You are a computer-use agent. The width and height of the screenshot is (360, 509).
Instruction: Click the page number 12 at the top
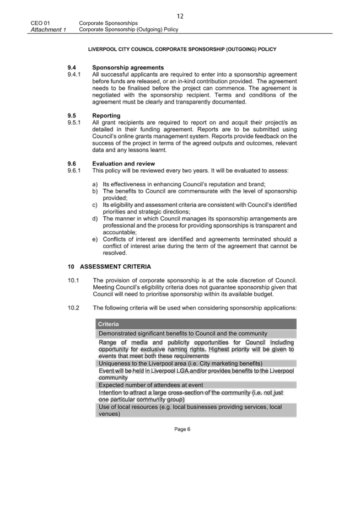180,16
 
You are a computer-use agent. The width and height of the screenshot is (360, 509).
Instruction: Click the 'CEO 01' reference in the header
40,23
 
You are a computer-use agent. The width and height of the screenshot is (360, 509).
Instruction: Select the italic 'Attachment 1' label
48,30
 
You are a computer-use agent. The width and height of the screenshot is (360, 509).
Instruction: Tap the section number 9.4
72,67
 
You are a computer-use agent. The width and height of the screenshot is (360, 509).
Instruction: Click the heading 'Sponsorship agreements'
128,67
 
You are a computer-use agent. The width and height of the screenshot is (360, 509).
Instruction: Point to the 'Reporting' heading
106,116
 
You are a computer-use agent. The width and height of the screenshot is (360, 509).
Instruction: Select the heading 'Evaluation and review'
123,164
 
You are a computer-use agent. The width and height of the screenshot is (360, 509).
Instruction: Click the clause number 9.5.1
74,123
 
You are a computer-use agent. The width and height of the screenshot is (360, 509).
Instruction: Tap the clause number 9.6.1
74,170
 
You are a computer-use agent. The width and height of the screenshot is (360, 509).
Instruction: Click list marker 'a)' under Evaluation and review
95,184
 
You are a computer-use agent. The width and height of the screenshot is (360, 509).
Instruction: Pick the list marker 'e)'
95,239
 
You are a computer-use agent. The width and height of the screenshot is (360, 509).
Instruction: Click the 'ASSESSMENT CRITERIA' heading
115,267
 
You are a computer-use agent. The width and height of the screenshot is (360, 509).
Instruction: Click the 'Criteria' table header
109,324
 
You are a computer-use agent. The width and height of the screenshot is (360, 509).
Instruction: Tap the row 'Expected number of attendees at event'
151,385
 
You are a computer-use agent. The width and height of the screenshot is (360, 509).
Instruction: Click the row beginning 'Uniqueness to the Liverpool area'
180,363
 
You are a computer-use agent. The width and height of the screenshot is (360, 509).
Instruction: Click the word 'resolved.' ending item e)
115,253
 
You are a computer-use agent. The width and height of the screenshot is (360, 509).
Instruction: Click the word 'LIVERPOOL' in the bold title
101,50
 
